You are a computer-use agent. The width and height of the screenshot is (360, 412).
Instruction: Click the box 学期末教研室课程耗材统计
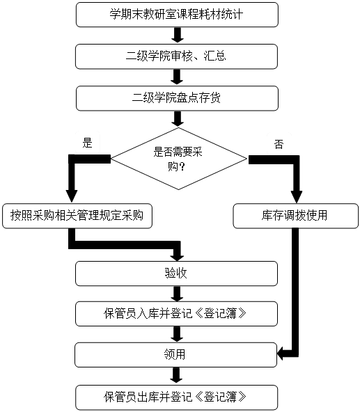coord(177,15)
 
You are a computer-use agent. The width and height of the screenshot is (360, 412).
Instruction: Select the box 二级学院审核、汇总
coord(176,56)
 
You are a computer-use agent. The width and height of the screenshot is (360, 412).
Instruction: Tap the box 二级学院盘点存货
coord(177,98)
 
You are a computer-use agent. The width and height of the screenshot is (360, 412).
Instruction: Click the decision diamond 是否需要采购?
coord(178,159)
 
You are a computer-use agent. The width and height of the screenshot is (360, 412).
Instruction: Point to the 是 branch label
coord(87,143)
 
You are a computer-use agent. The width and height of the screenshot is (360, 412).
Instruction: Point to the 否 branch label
coord(279,144)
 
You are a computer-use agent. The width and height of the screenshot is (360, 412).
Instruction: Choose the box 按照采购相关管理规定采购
coord(77,216)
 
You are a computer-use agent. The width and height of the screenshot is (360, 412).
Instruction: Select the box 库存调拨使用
coord(295,216)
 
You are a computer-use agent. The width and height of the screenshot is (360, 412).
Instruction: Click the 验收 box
coord(176,274)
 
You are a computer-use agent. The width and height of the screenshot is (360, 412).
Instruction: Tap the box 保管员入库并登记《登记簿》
coord(176,314)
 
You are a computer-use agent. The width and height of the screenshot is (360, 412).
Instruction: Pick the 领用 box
coord(175,355)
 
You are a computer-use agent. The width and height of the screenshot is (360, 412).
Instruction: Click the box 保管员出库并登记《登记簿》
coord(176,397)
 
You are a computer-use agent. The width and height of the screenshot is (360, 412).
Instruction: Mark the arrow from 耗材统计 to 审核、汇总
coord(178,35)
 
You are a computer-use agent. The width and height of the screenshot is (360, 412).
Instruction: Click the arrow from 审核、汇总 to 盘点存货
coord(177,77)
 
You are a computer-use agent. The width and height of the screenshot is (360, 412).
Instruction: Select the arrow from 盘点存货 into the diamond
coord(178,119)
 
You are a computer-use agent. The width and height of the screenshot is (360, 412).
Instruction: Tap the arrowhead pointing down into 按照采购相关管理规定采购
coord(72,196)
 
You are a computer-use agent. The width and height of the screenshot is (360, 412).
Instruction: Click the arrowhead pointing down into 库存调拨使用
coord(297,196)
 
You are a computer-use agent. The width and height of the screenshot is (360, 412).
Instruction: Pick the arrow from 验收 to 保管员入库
coord(177,294)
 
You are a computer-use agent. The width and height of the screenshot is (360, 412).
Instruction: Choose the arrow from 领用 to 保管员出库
coord(176,376)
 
